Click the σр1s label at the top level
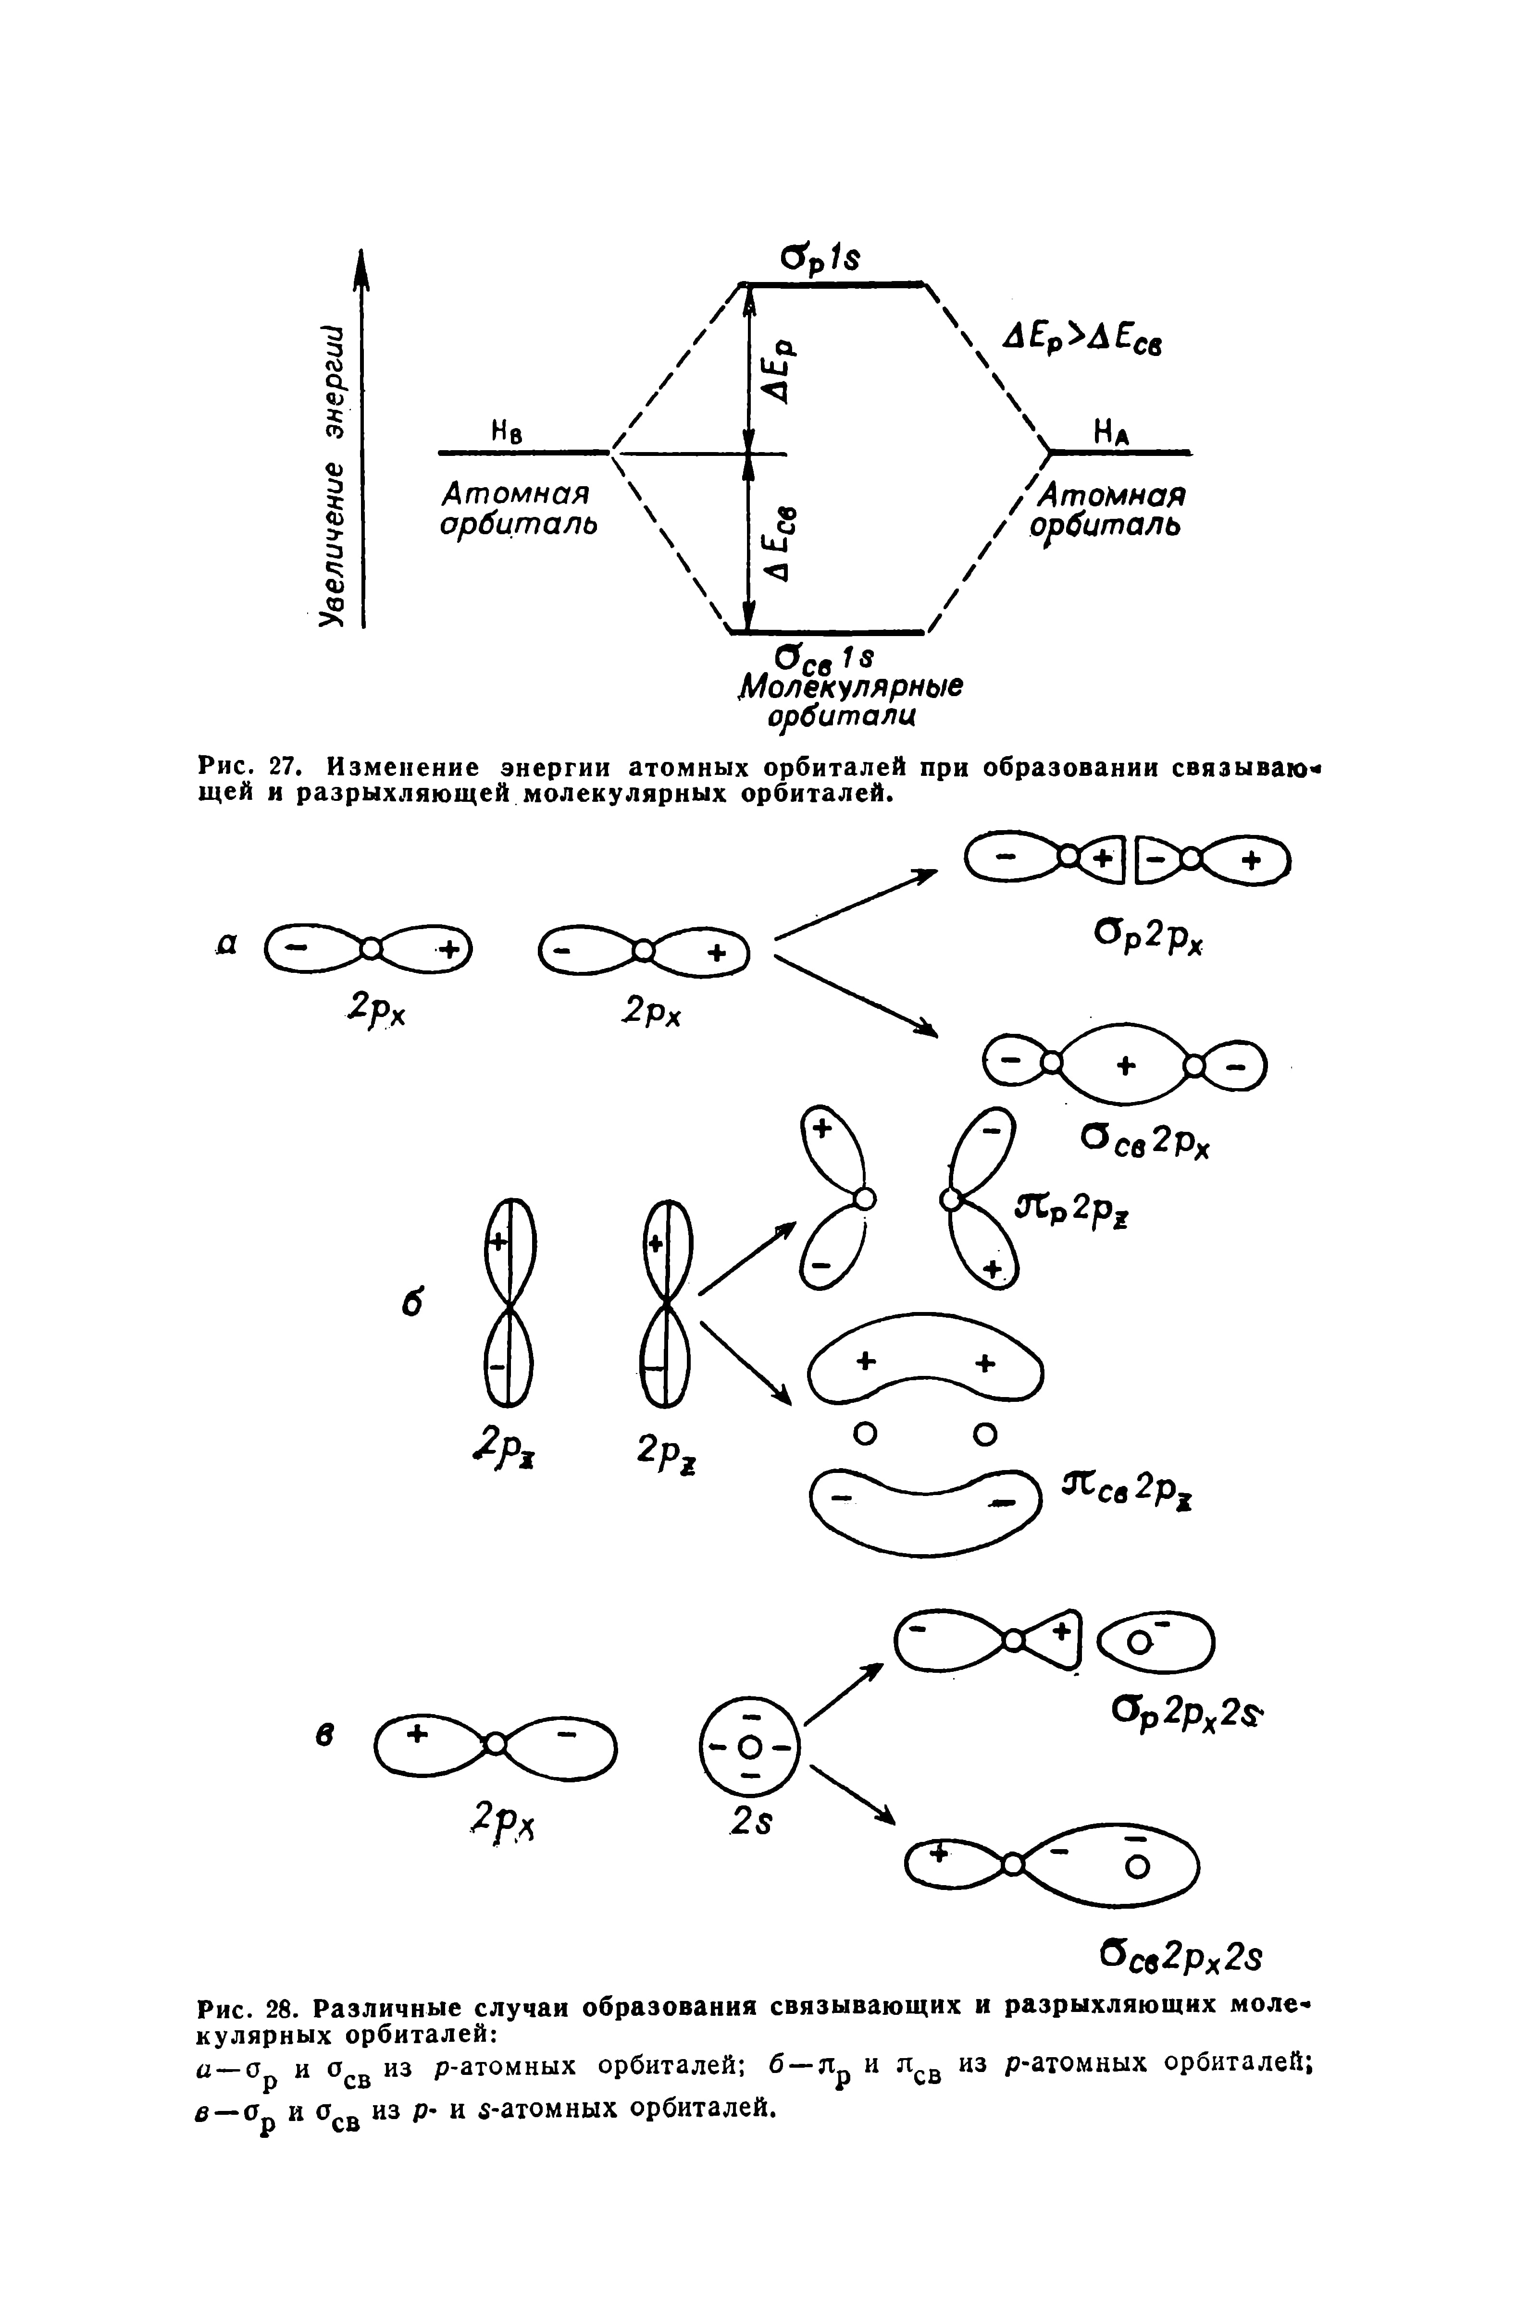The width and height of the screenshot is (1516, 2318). [x=823, y=259]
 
